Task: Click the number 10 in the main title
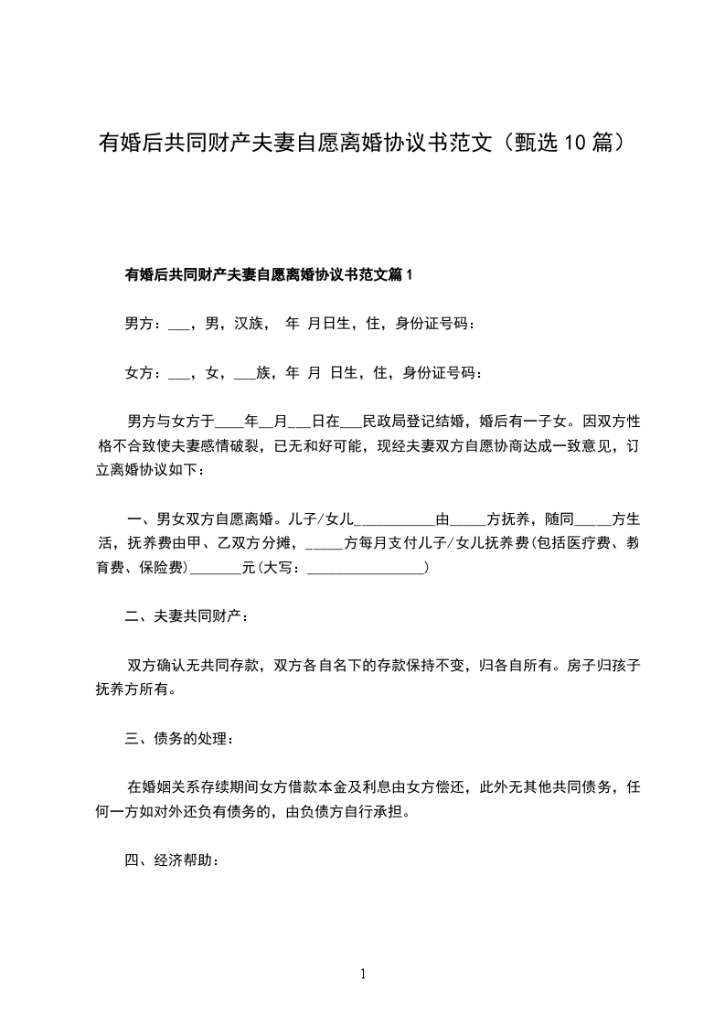point(573,143)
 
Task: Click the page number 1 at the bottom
point(363,974)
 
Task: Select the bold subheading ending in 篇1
point(270,274)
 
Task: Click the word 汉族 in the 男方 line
point(251,323)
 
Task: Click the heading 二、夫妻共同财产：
point(186,618)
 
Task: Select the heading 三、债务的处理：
point(186,738)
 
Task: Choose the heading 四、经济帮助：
point(172,860)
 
